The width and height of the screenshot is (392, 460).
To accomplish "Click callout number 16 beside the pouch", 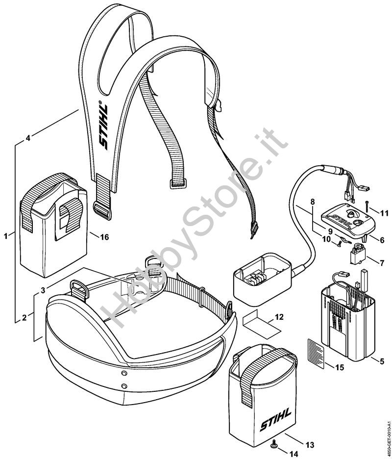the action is pos(104,237).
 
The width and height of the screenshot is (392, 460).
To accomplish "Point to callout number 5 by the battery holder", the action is pos(381,362).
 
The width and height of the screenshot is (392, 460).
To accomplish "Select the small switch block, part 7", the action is pos(358,256).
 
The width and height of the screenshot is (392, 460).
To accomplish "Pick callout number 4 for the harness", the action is pos(28,138).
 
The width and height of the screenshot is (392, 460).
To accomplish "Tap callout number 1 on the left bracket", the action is pos(6,236).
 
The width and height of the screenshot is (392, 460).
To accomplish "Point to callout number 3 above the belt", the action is pos(43,290).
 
